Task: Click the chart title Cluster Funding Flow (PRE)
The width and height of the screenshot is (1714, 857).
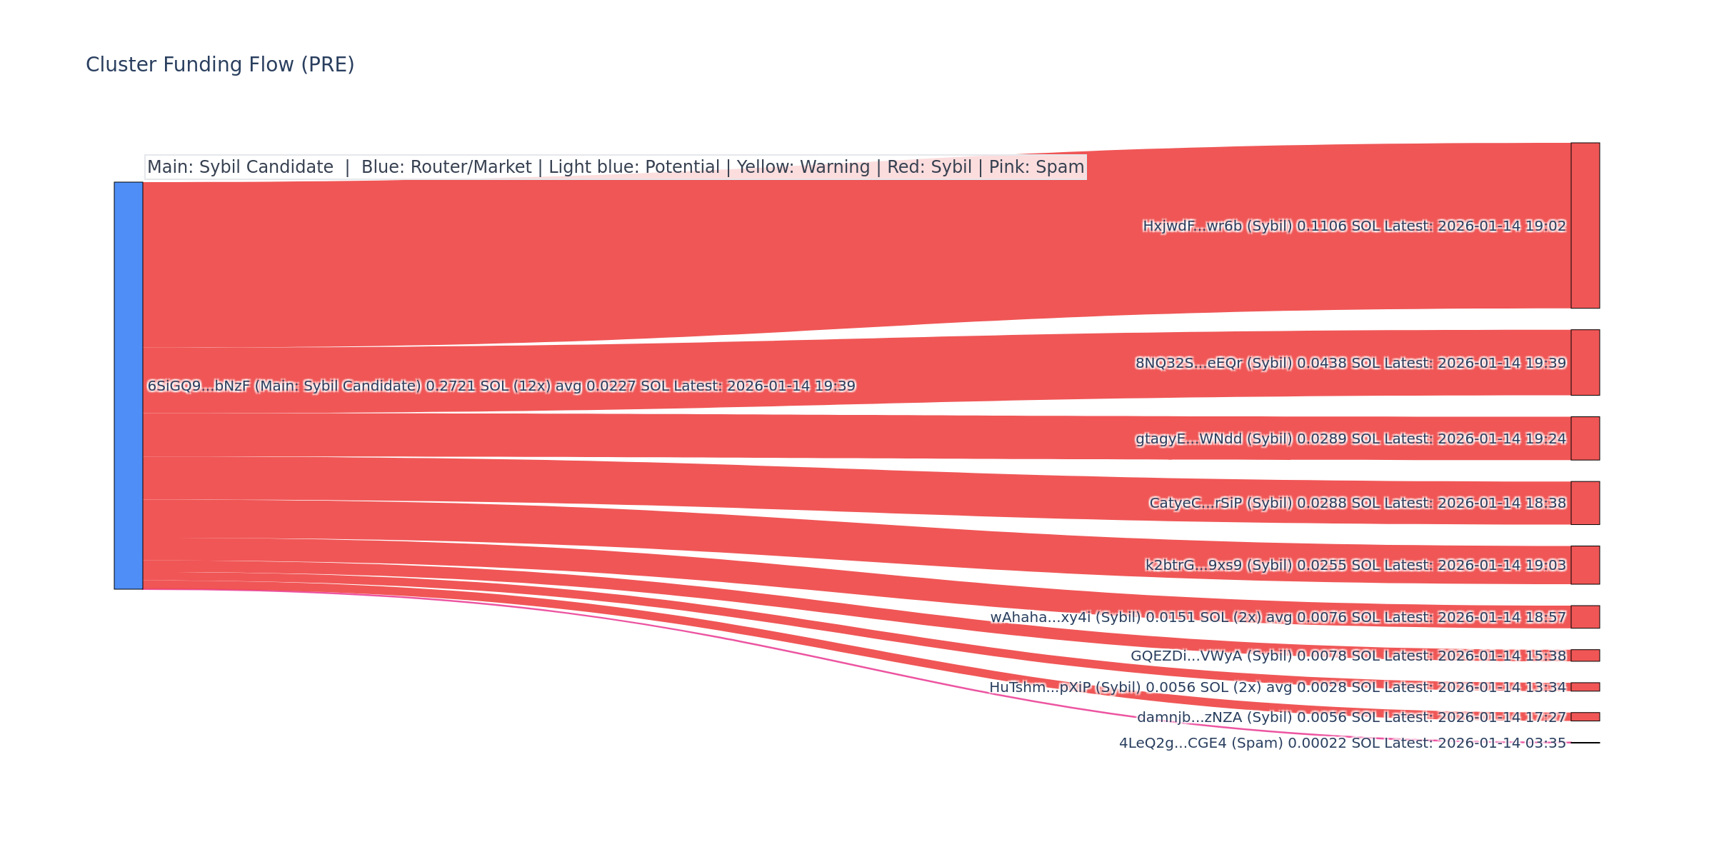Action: pos(220,65)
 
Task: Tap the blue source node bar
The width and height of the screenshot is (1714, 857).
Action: pos(129,386)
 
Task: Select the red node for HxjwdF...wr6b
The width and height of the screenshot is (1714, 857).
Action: pos(1585,226)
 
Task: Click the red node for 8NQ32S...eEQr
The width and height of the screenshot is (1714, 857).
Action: pos(1585,363)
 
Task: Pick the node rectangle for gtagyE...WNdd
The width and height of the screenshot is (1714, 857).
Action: pos(1585,438)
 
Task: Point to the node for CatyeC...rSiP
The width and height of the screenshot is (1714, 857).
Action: pos(1585,503)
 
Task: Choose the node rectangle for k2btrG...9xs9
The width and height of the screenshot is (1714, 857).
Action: pos(1585,565)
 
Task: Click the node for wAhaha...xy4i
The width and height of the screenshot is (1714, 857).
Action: pos(1585,617)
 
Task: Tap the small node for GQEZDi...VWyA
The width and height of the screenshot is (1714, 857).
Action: pos(1585,656)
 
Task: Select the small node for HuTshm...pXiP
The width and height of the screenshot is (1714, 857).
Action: pos(1585,687)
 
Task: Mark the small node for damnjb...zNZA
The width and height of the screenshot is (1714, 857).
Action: pos(1585,717)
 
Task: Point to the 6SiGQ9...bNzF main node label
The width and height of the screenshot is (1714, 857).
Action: pos(500,386)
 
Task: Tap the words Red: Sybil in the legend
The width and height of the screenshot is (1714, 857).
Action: pos(929,168)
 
